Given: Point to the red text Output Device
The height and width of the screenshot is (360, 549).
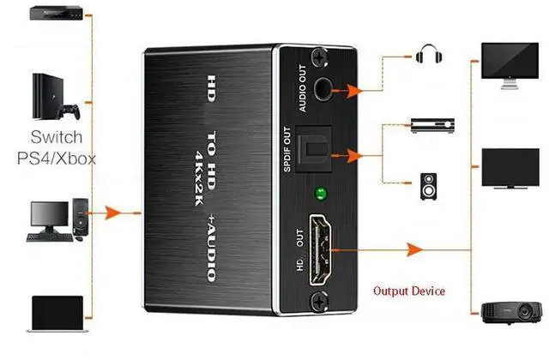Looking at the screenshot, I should tap(408, 291).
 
